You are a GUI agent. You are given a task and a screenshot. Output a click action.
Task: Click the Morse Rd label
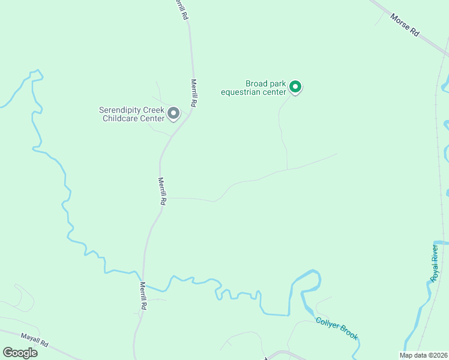[404, 26]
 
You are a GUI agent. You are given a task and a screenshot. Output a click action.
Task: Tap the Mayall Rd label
[34, 344]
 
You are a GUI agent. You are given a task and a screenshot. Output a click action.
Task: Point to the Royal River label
[434, 262]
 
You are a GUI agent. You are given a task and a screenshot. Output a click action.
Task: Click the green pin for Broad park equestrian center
[295, 87]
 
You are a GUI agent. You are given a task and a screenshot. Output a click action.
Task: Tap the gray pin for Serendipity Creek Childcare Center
[173, 113]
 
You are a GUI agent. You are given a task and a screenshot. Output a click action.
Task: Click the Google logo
[20, 353]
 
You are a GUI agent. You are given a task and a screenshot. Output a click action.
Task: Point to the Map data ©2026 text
[423, 355]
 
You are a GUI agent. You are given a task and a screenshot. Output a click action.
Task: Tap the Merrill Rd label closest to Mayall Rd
[143, 295]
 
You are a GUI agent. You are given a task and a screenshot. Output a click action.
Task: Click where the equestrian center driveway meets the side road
[287, 169]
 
